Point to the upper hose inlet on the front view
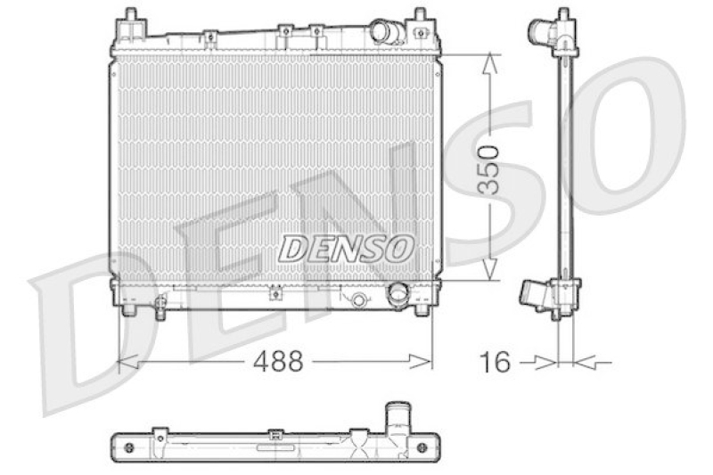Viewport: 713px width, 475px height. click(383, 31)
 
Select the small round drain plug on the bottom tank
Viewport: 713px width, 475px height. click(358, 299)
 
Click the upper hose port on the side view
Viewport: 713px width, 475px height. click(542, 34)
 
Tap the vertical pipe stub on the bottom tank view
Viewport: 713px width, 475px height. click(395, 420)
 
